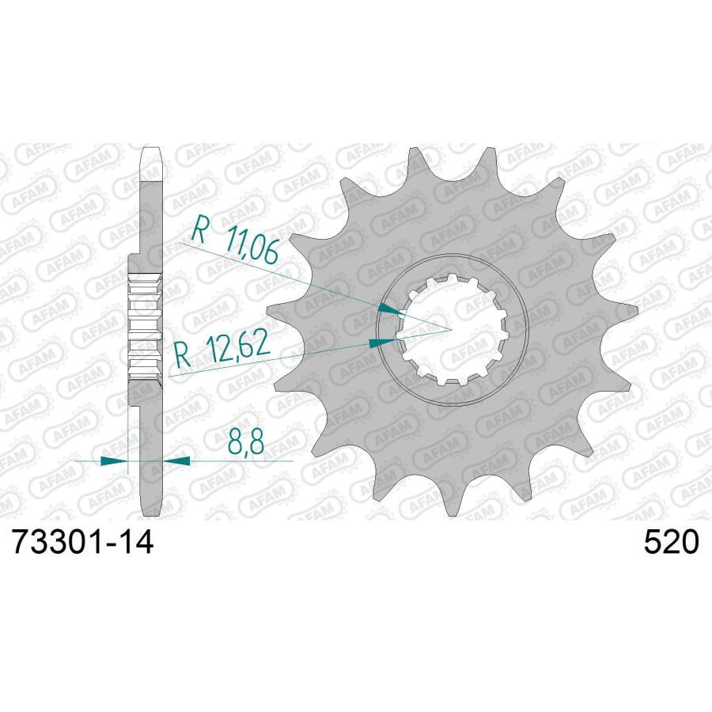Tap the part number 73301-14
point(80,543)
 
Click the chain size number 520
point(672,543)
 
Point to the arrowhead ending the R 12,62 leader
point(382,342)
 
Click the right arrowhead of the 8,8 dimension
point(176,459)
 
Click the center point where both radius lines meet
point(451,328)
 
